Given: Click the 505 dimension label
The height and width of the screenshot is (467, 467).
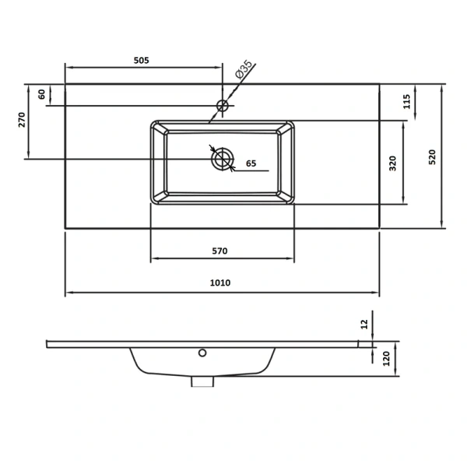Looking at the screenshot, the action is pyautogui.click(x=141, y=61).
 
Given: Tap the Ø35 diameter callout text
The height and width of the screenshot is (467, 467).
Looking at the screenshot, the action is pyautogui.click(x=244, y=69).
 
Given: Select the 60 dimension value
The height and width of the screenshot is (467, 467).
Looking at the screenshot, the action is pyautogui.click(x=42, y=94).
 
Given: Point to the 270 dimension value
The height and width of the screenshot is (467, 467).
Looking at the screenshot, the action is pyautogui.click(x=22, y=120).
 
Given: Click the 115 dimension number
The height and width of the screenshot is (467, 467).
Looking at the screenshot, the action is pyautogui.click(x=406, y=101).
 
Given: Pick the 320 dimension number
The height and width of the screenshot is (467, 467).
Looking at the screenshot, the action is pyautogui.click(x=393, y=163).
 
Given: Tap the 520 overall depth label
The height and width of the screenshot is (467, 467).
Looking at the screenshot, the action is pyautogui.click(x=432, y=157).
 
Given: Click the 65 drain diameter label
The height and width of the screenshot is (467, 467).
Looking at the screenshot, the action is pyautogui.click(x=251, y=163).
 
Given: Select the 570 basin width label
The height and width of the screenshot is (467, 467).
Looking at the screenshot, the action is pyautogui.click(x=219, y=251).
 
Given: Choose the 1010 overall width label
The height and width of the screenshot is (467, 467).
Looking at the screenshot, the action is pyautogui.click(x=220, y=283).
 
